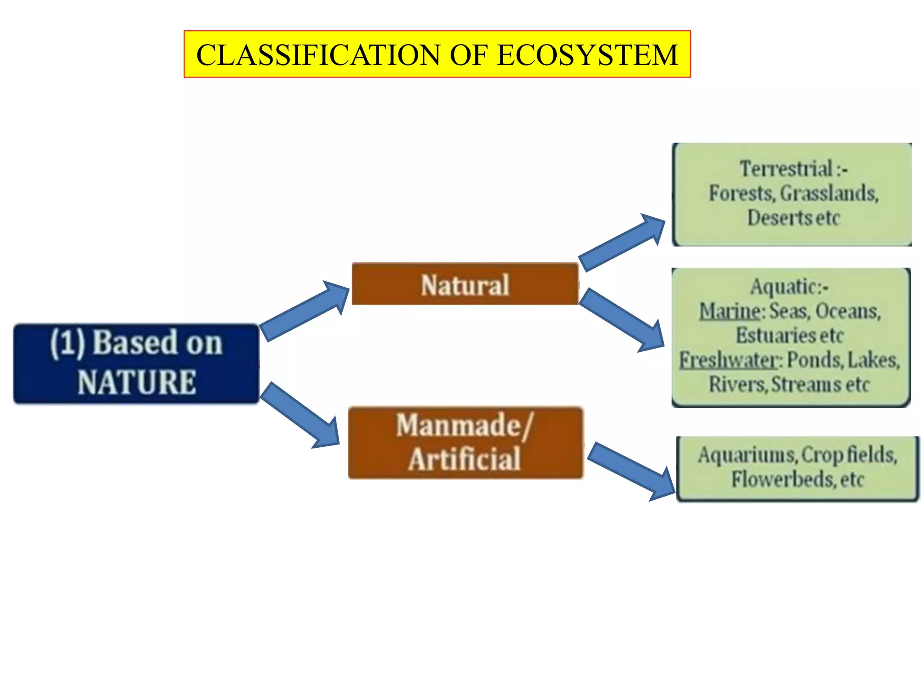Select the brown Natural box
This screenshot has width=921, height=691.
(465, 284)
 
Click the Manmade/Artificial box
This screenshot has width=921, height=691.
(465, 443)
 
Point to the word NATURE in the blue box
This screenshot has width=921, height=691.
(137, 382)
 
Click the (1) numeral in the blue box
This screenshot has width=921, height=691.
(67, 343)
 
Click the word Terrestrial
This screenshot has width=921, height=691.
(786, 169)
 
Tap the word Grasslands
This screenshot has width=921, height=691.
(829, 193)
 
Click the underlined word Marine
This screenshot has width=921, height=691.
(729, 311)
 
